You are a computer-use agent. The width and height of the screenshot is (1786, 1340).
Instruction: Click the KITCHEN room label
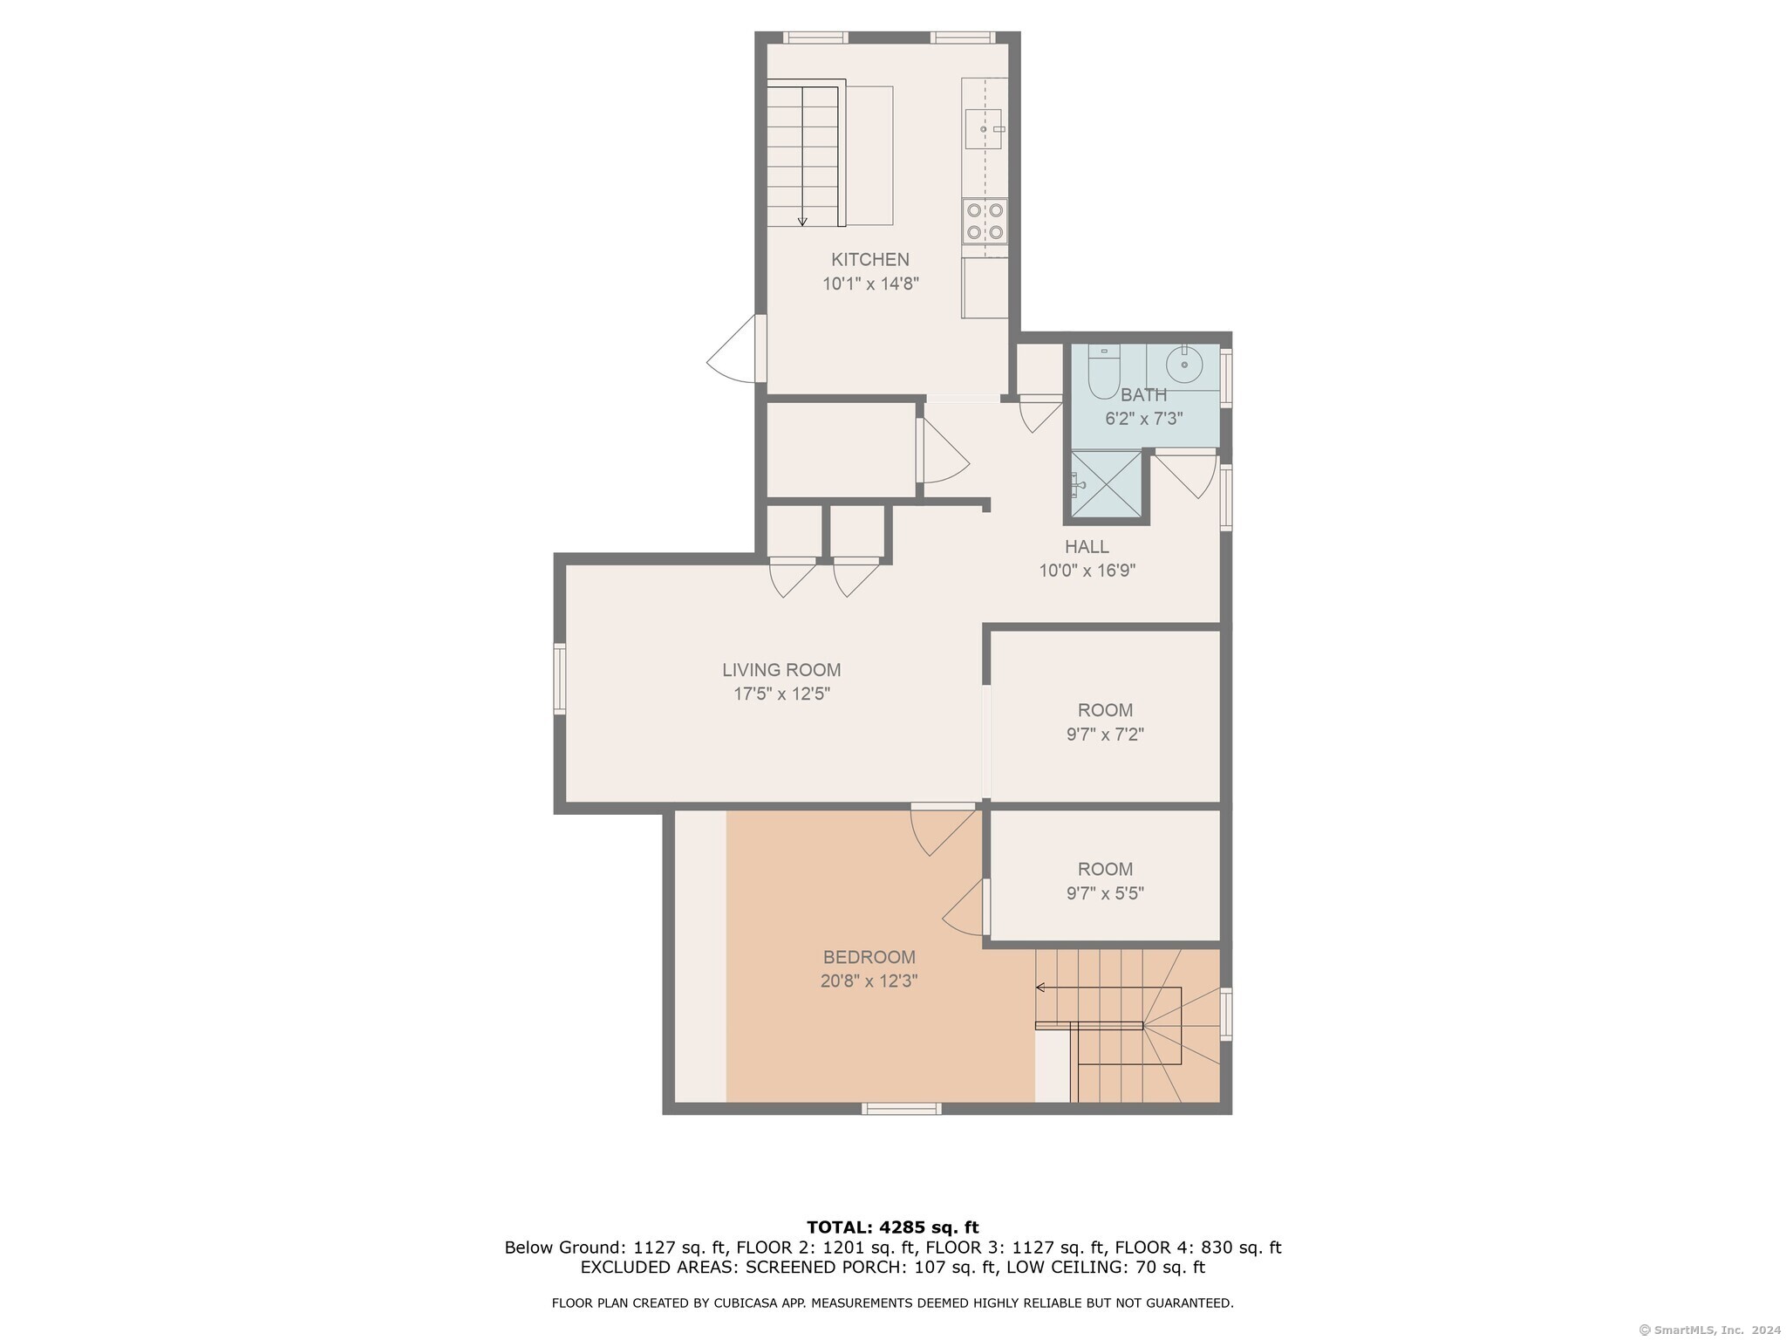pos(869,259)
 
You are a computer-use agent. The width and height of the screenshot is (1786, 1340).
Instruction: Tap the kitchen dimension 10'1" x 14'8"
pos(870,284)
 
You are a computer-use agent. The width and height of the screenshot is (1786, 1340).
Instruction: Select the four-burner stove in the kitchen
pos(985,222)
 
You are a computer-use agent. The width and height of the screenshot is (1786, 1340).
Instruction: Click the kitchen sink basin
pos(984,129)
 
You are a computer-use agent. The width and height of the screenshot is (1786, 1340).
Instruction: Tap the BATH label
pos(1143,394)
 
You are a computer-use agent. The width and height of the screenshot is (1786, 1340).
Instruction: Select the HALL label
pos(1087,547)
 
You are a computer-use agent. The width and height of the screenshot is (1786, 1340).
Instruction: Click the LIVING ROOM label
pos(781,670)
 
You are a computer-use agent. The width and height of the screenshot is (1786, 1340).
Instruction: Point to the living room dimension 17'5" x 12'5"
pos(781,694)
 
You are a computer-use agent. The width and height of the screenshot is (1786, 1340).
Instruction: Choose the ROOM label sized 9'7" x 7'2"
pos(1105,710)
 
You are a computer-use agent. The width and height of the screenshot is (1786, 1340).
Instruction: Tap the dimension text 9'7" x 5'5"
pos(1105,893)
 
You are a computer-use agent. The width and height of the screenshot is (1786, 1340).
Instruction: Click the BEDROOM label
pos(869,957)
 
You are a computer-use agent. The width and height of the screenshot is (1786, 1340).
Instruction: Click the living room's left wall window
pos(560,679)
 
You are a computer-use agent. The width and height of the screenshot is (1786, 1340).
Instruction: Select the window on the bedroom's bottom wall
pos(902,1109)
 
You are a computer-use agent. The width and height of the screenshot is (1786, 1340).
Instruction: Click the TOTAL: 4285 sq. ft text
pos(893,1227)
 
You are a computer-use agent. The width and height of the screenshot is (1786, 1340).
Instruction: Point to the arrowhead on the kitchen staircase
pos(802,222)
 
